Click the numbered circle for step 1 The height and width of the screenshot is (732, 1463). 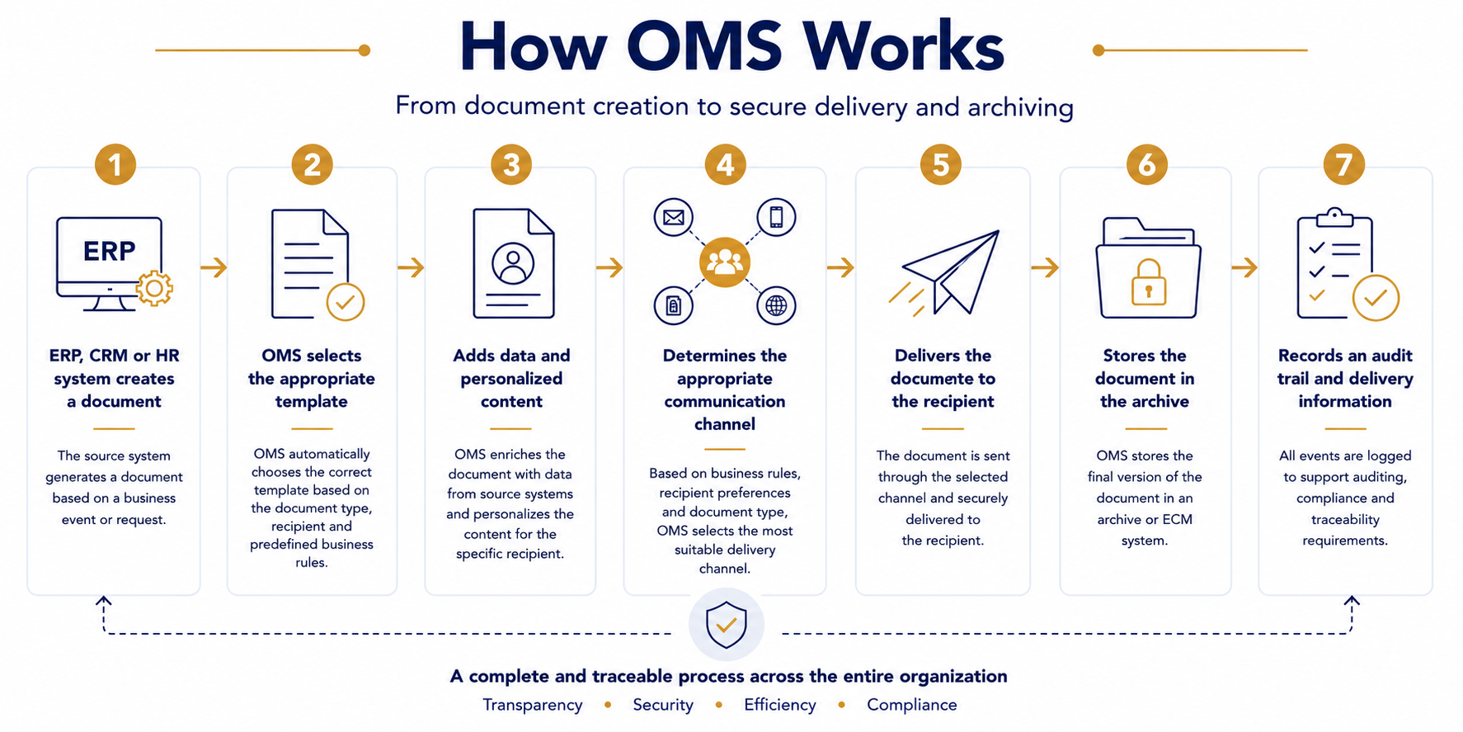115,164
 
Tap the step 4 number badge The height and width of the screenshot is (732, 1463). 725,164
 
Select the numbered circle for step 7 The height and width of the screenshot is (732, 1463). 1344,164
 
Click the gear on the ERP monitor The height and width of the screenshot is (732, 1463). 154,289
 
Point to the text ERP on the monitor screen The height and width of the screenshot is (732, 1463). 109,251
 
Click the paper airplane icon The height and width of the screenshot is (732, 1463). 945,272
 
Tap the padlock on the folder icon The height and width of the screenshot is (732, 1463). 1148,282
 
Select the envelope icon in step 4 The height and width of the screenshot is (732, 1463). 674,218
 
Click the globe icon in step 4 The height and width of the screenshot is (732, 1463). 776,306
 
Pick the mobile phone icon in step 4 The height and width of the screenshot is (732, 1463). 776,218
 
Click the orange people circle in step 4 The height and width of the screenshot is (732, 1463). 725,262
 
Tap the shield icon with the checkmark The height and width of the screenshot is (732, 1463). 726,625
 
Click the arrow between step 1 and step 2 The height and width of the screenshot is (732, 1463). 214,267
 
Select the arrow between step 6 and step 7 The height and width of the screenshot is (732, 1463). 1244,267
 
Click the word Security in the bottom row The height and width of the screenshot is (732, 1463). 663,705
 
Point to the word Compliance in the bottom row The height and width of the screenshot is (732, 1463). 912,705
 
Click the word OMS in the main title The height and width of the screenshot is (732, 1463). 704,46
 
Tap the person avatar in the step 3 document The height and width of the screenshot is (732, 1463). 513,264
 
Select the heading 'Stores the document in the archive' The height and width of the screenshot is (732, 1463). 1145,379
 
